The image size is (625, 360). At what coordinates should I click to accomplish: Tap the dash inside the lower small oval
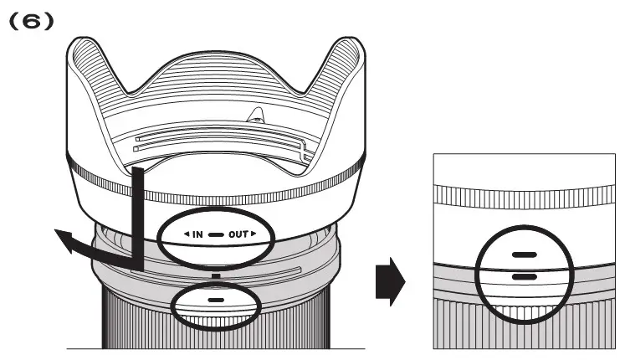pos(216,300)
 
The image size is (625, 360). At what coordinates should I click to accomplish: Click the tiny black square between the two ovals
pos(216,274)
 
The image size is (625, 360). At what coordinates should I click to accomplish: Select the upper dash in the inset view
pos(524,254)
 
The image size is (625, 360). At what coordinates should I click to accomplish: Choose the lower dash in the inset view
pos(524,275)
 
